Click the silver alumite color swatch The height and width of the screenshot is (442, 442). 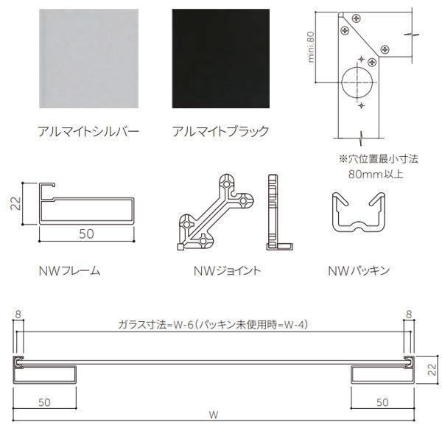(89, 58)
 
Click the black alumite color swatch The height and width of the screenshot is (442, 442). (221, 58)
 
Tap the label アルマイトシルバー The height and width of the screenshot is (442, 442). (88, 131)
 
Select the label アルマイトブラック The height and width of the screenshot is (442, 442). (220, 131)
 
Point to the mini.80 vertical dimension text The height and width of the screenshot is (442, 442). (311, 47)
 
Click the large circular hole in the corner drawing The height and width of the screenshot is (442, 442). (357, 83)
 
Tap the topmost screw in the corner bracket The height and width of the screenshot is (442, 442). (357, 18)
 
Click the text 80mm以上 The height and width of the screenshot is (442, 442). (376, 174)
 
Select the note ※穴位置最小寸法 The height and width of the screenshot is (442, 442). (379, 158)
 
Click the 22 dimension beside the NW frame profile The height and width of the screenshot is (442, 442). (15, 203)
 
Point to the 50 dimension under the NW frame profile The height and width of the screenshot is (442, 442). (86, 234)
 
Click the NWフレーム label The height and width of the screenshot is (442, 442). (70, 271)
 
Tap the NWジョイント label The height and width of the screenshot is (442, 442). (227, 270)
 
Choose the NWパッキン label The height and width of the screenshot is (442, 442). (359, 271)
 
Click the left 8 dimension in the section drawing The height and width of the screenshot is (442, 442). (18, 314)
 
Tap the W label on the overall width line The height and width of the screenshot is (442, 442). (214, 415)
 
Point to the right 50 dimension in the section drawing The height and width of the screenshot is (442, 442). (382, 402)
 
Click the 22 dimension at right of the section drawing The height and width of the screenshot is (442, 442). (432, 369)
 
